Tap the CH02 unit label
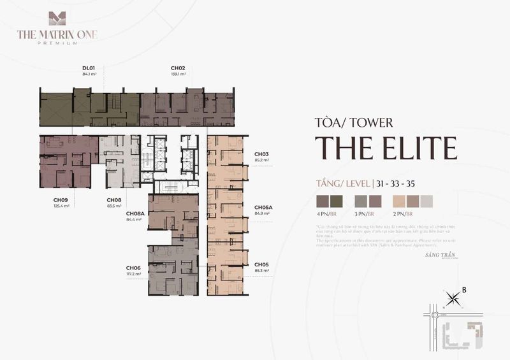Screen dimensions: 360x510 [x=178, y=68]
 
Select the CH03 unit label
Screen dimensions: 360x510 [x=261, y=154]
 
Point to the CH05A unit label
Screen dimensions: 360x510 [x=263, y=207]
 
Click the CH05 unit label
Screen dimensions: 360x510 [x=261, y=264]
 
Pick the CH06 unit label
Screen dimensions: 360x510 [x=133, y=268]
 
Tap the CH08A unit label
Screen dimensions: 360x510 [x=135, y=213]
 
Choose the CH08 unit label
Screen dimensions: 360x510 [x=113, y=199]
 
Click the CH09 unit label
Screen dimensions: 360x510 [x=61, y=199]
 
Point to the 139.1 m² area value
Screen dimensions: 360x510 [x=178, y=74]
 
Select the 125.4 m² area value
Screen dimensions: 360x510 [x=62, y=206]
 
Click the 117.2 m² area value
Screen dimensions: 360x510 [x=133, y=274]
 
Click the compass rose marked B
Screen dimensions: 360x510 [x=454, y=296]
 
